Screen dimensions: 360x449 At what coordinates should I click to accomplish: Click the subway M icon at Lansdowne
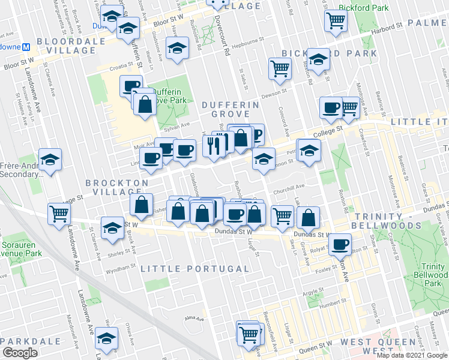click(26, 47)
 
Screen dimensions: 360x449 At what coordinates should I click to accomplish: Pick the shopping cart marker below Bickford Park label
click(336, 20)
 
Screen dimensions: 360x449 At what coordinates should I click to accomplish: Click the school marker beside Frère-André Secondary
click(50, 160)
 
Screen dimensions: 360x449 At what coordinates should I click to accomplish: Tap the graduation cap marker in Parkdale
click(107, 339)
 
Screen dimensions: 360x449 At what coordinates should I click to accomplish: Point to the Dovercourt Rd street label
click(227, 42)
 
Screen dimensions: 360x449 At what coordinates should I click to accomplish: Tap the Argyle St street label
click(313, 292)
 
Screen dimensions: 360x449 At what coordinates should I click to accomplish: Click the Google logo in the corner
click(20, 353)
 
